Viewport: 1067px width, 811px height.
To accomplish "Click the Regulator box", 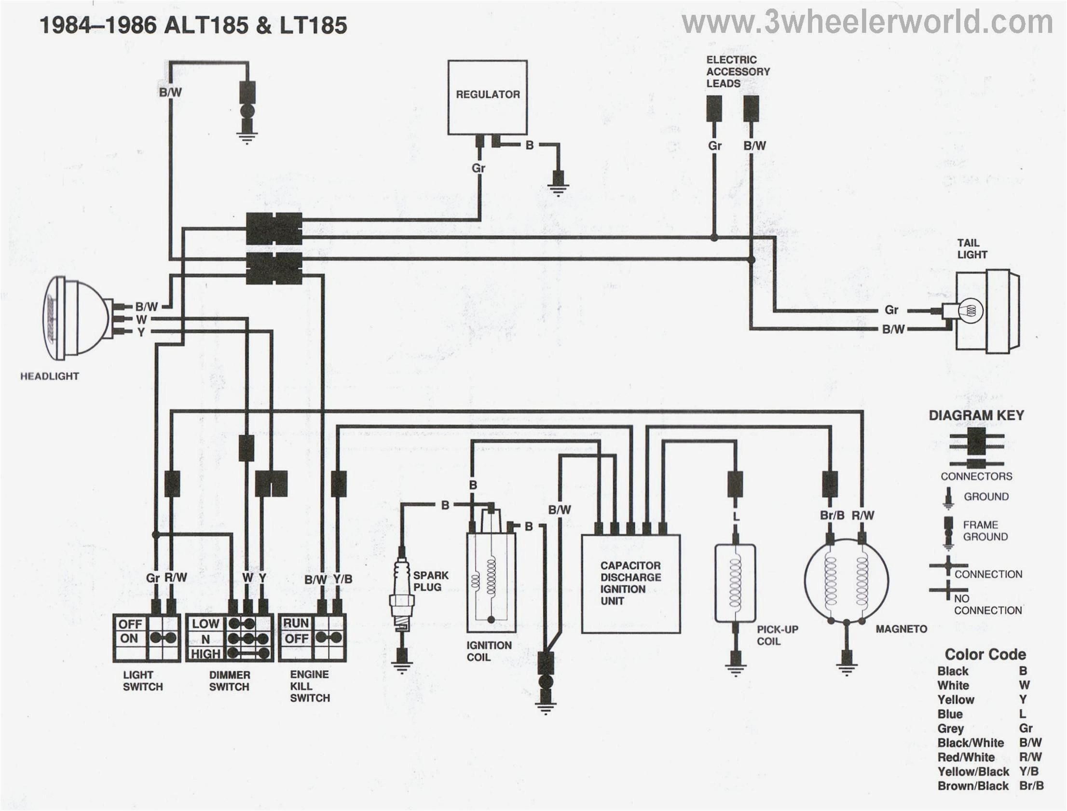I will (487, 97).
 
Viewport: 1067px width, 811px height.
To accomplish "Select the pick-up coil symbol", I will (735, 583).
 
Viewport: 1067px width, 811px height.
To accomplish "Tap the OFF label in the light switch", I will (130, 624).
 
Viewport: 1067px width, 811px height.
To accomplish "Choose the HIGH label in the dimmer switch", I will (205, 654).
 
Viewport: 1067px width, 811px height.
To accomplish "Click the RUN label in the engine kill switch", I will (296, 623).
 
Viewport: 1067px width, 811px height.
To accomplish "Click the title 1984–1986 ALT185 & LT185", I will (193, 25).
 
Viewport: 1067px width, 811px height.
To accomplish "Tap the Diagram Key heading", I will (976, 415).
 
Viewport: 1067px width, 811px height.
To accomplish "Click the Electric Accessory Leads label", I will (737, 71).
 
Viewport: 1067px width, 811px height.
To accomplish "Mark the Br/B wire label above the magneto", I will (832, 515).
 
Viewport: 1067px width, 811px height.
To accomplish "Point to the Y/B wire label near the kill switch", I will (342, 579).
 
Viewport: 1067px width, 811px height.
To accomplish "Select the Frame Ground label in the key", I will (985, 530).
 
